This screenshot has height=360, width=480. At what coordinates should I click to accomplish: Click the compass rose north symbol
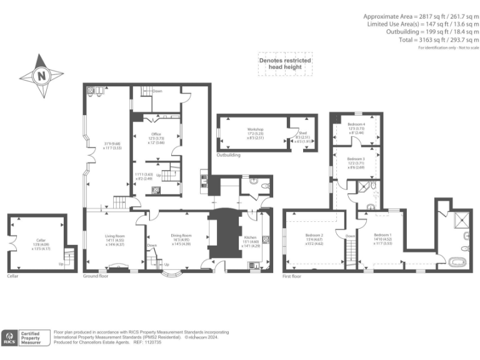click(x=41, y=76)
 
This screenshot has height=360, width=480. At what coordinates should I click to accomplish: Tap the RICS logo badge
click(x=9, y=338)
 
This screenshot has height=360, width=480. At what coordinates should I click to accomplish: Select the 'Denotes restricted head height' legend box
click(x=285, y=63)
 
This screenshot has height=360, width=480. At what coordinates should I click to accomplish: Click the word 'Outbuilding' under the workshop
click(x=228, y=154)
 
